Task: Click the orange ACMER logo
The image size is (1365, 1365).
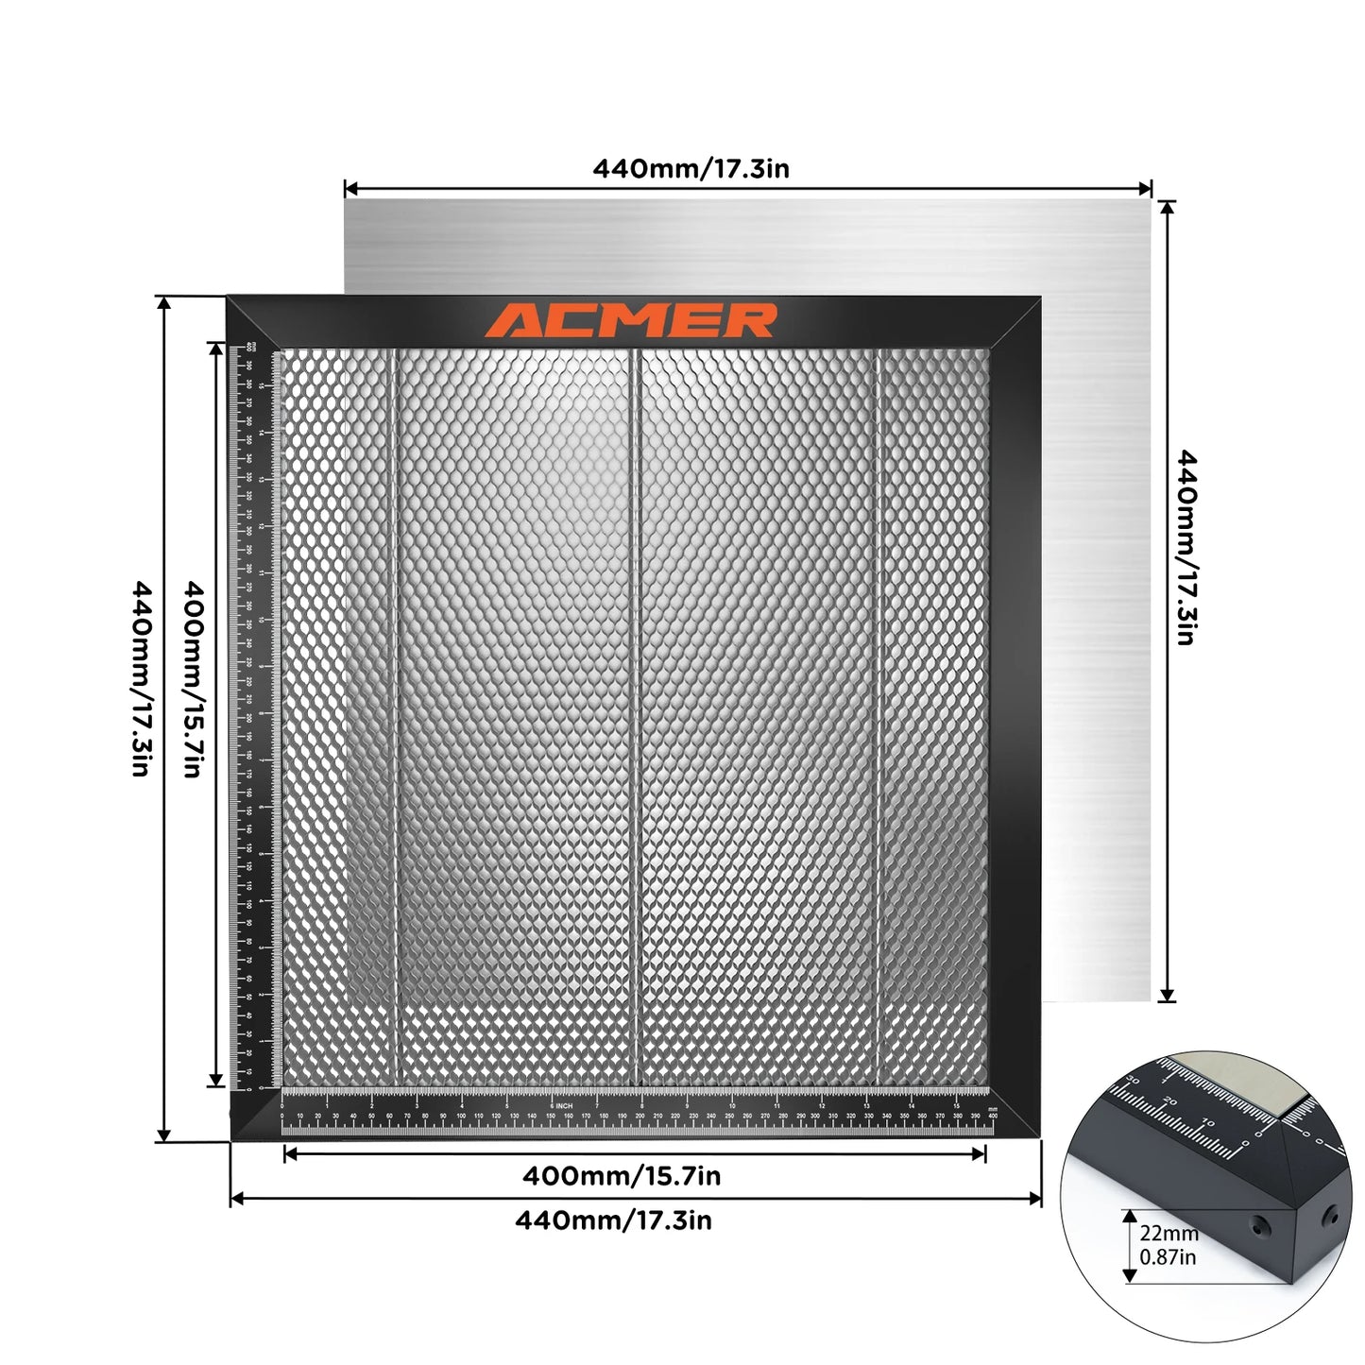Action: coord(631,320)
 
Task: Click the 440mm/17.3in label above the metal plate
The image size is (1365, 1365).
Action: coord(691,169)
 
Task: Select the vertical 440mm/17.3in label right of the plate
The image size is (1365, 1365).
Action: coord(1186,548)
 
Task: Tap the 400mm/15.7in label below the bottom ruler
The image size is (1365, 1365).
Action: coord(622,1176)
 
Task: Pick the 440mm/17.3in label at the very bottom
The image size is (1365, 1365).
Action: coord(613,1220)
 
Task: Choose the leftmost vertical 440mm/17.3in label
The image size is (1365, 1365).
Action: coord(141,678)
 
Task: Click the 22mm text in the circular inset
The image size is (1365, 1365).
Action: coord(1169,1233)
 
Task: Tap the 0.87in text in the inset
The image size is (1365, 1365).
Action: coord(1168,1257)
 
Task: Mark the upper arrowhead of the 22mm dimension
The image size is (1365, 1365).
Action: coord(1130,1217)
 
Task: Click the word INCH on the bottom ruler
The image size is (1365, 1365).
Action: coord(564,1105)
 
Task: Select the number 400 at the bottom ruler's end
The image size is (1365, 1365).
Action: coord(992,1117)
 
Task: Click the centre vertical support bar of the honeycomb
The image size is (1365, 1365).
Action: coord(639,718)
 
